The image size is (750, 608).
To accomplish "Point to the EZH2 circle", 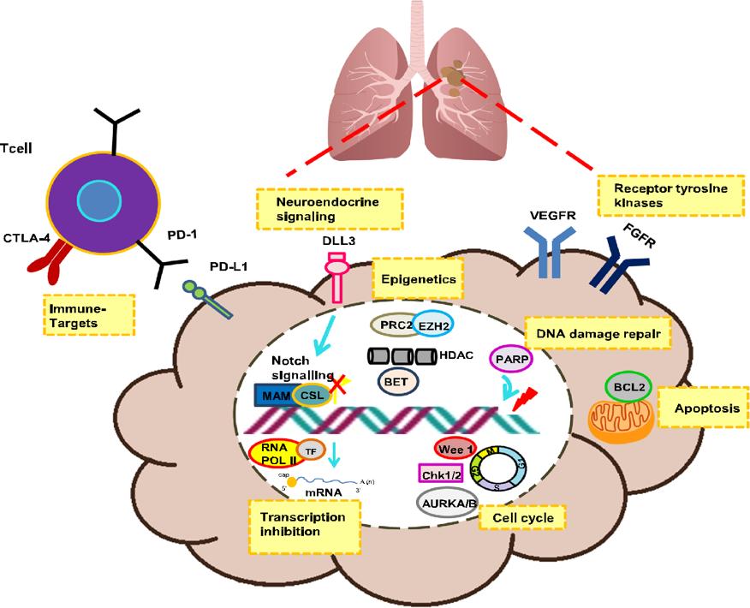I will pyautogui.click(x=437, y=325).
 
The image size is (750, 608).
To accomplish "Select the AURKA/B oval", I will pyautogui.click(x=446, y=502).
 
